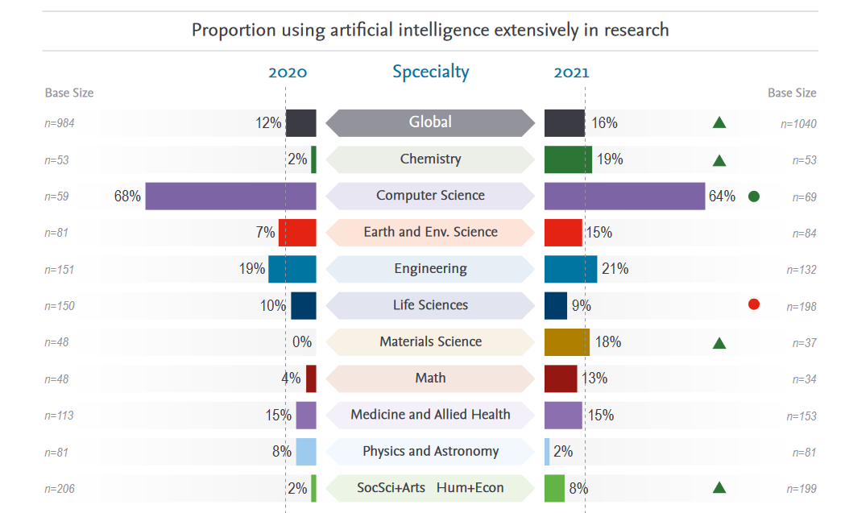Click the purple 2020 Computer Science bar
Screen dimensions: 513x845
(230, 196)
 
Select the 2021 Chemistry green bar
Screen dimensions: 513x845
(568, 159)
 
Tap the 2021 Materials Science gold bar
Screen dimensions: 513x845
(567, 342)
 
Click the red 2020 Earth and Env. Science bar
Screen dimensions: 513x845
(297, 233)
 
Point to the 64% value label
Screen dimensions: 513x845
(722, 196)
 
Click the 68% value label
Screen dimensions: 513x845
(127, 196)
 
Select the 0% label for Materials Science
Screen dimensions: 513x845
(302, 342)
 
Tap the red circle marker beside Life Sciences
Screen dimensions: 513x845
(754, 304)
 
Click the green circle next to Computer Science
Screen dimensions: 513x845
(754, 196)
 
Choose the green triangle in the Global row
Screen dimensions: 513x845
(719, 122)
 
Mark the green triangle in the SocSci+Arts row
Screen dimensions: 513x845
(719, 487)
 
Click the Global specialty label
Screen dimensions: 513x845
(430, 122)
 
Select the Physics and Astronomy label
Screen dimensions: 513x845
(430, 451)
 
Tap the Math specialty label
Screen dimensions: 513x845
(430, 378)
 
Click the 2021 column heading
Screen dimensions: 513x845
(571, 72)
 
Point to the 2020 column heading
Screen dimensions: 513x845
(288, 72)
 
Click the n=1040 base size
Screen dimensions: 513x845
(798, 124)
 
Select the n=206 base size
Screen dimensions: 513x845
(60, 489)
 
